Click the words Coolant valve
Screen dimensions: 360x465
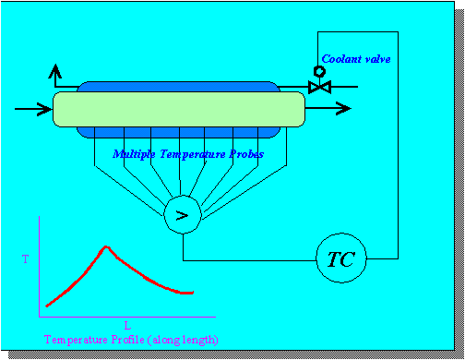click(x=356, y=59)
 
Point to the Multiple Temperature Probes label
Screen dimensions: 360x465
click(x=187, y=154)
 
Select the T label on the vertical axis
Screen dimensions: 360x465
click(x=25, y=260)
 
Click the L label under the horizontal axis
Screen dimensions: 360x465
click(x=126, y=325)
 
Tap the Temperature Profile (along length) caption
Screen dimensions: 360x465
click(x=131, y=340)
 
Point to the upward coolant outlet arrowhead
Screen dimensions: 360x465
click(x=57, y=71)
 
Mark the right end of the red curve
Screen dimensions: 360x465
click(x=193, y=293)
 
